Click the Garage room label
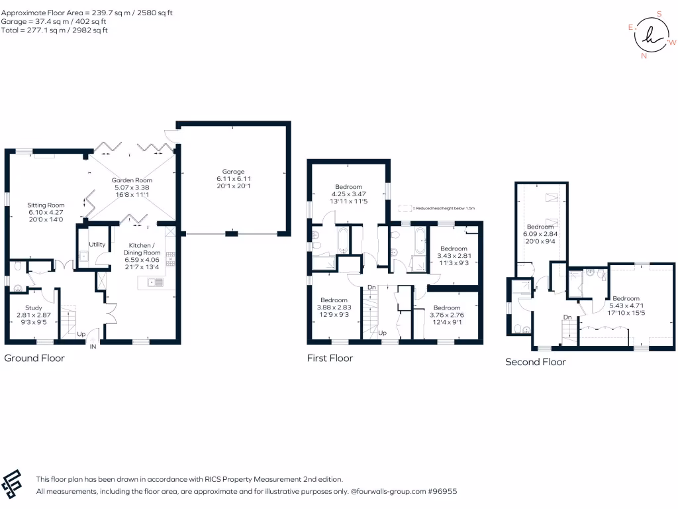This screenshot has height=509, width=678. pyautogui.click(x=233, y=172)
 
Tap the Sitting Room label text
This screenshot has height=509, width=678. pyautogui.click(x=46, y=205)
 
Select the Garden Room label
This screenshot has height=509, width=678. pyautogui.click(x=132, y=180)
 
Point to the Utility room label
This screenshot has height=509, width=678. pyautogui.click(x=97, y=244)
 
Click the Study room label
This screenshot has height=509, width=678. pyautogui.click(x=34, y=308)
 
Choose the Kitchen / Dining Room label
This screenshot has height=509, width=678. pyautogui.click(x=142, y=249)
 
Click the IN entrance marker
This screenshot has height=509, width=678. pyautogui.click(x=93, y=347)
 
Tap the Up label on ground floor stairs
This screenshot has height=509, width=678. pyautogui.click(x=81, y=334)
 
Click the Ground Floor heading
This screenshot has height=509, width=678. pyautogui.click(x=34, y=358)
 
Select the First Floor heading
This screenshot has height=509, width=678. pyautogui.click(x=330, y=358)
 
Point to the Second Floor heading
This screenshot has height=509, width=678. pyautogui.click(x=535, y=362)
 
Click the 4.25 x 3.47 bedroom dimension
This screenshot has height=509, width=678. pyautogui.click(x=348, y=194)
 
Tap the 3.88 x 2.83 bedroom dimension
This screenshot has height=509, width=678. pyautogui.click(x=334, y=308)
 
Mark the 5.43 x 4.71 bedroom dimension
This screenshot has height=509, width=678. pyautogui.click(x=626, y=305)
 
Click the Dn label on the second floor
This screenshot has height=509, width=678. pyautogui.click(x=567, y=317)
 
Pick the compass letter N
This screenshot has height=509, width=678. pyautogui.click(x=644, y=56)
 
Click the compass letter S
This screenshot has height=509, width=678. pyautogui.click(x=659, y=14)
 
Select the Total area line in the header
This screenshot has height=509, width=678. pyautogui.click(x=54, y=30)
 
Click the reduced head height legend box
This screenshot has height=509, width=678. pyautogui.click(x=405, y=208)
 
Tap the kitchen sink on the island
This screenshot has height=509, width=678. pyautogui.click(x=156, y=282)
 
